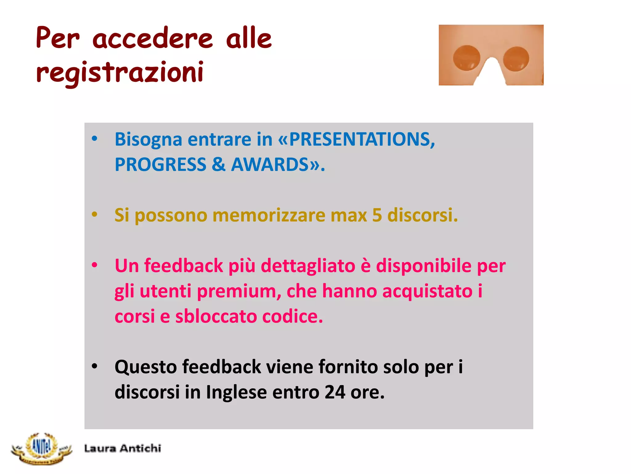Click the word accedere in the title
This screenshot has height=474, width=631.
[x=153, y=39]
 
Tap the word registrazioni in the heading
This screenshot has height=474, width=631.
[x=120, y=73]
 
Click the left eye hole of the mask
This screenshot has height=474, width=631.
[x=466, y=58]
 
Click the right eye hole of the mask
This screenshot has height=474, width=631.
[x=516, y=59]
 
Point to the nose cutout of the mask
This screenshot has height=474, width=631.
[x=491, y=73]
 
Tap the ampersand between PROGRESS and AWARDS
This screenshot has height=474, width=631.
[x=218, y=164]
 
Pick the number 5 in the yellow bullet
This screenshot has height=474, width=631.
[x=377, y=215]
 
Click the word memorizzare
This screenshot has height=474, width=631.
[x=269, y=215]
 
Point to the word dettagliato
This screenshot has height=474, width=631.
[x=308, y=266]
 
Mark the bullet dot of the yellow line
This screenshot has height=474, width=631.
[x=95, y=214]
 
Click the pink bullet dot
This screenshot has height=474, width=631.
[x=95, y=265]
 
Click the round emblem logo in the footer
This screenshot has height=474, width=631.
[x=42, y=448]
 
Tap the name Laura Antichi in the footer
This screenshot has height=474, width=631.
[x=123, y=448]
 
